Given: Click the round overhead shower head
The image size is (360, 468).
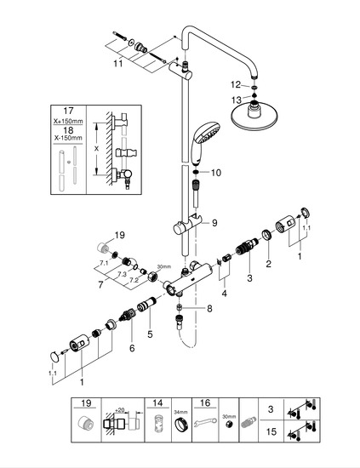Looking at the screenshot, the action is pyautogui.click(x=255, y=117).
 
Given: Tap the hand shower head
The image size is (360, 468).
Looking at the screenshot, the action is pyautogui.click(x=204, y=140).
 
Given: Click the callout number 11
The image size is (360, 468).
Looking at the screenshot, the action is pyautogui.click(x=118, y=63).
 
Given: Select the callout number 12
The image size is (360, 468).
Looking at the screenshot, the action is pyautogui.click(x=236, y=85).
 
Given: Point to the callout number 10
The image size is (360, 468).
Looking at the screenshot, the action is pyautogui.click(x=216, y=173).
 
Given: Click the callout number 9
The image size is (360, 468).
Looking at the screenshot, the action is pyautogui.click(x=214, y=223).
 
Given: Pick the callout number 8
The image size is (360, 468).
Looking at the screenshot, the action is pyautogui.click(x=209, y=308).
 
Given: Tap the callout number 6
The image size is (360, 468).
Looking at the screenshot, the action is pyautogui.click(x=132, y=348).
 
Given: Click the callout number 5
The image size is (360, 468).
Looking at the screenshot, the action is pyautogui.click(x=150, y=334).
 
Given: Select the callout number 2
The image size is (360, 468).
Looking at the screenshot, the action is pyautogui.click(x=268, y=264).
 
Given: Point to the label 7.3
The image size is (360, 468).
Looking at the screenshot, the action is pyautogui.click(x=122, y=274).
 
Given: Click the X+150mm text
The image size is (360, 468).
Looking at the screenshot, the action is pyautogui.click(x=68, y=122).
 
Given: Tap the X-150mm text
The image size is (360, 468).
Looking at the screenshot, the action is pyautogui.click(x=68, y=138).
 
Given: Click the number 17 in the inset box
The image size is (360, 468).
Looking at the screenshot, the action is pyautogui.click(x=68, y=111).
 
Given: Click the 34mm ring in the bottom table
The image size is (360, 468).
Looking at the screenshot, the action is pyautogui.click(x=181, y=423).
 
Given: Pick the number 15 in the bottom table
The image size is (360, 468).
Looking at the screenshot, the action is pyautogui.click(x=271, y=431).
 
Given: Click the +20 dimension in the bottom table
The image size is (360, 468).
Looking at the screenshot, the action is pyautogui.click(x=119, y=410).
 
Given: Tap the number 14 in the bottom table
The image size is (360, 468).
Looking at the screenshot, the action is pyautogui.click(x=157, y=403).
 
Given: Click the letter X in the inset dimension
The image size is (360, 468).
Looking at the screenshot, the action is pyautogui.click(x=96, y=148).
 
